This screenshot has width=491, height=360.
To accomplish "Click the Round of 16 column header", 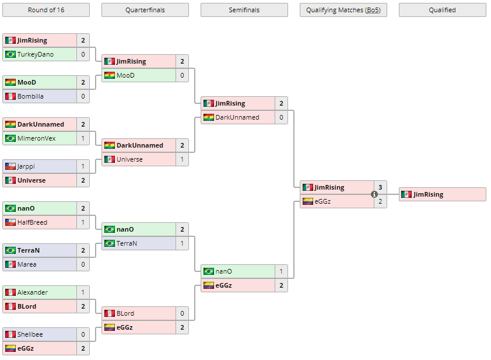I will [x=46, y=10].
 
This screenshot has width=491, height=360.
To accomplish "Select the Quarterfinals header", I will [x=145, y=10].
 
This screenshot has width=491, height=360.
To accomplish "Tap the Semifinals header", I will [x=244, y=10].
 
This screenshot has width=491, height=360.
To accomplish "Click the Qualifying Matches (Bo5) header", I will [x=343, y=10].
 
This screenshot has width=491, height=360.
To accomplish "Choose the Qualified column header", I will [x=442, y=10].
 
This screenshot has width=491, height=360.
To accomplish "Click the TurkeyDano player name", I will [x=35, y=54].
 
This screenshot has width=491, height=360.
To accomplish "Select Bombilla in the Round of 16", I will [x=30, y=96].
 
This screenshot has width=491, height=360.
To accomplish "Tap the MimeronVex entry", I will [x=36, y=138].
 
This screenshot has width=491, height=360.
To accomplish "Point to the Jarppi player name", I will [x=26, y=166].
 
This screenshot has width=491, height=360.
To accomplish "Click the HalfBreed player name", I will [x=32, y=222].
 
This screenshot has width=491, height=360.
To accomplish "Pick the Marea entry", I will [x=27, y=264].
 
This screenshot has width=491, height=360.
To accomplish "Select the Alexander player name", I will [x=33, y=292].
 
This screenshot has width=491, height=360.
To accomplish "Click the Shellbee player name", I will [x=30, y=334].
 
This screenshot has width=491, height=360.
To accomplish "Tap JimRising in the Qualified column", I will [x=428, y=194].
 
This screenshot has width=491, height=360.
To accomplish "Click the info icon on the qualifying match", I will [x=374, y=194].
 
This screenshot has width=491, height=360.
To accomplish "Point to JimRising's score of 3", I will [x=380, y=187].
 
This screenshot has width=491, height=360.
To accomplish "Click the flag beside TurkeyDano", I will [x=10, y=54].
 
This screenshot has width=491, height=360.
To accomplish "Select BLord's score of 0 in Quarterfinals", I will [x=182, y=313].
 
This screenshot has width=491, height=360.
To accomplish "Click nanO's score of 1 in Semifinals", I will [x=281, y=271].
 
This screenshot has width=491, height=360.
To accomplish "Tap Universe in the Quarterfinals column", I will [x=129, y=159].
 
